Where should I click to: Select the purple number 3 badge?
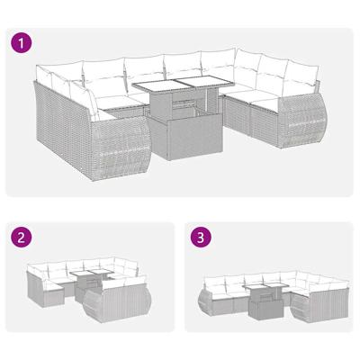click(204, 239)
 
